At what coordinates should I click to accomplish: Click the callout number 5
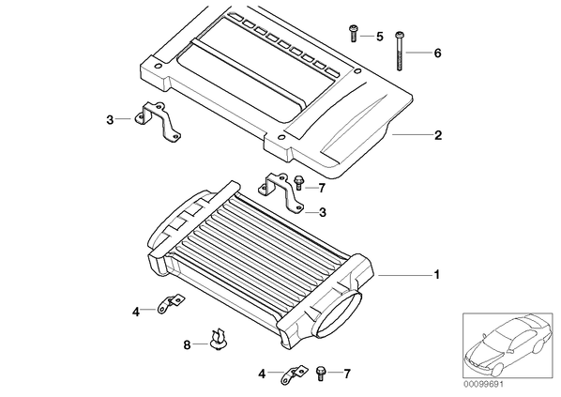(379, 37)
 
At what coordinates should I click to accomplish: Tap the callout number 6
(437, 53)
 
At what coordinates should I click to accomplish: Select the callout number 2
(438, 135)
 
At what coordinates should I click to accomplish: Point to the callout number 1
(436, 275)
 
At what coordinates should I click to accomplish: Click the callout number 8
(187, 345)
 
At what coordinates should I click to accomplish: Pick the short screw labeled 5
(354, 33)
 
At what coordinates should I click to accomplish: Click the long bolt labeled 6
(400, 51)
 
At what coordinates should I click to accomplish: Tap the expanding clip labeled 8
(217, 341)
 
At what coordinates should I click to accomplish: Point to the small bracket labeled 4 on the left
(169, 304)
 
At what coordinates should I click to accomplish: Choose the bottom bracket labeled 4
(294, 374)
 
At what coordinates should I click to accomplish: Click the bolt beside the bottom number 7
(321, 374)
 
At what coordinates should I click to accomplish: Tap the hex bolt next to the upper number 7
(298, 183)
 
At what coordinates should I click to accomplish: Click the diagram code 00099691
(483, 385)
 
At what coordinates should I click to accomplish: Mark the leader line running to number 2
(412, 134)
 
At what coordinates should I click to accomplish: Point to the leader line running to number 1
(404, 275)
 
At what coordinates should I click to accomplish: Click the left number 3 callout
(110, 120)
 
